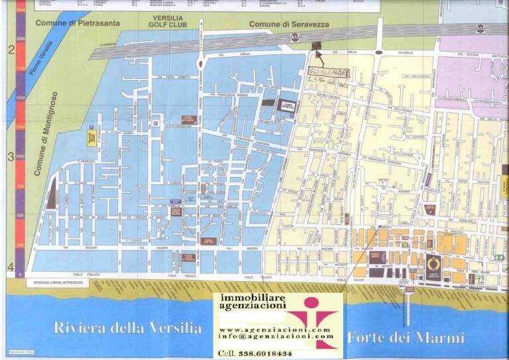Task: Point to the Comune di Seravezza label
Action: point(288,25)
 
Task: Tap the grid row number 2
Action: point(10,50)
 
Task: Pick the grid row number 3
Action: point(10,157)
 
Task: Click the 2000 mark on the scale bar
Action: point(21,39)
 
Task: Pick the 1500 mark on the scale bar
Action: point(21,97)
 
